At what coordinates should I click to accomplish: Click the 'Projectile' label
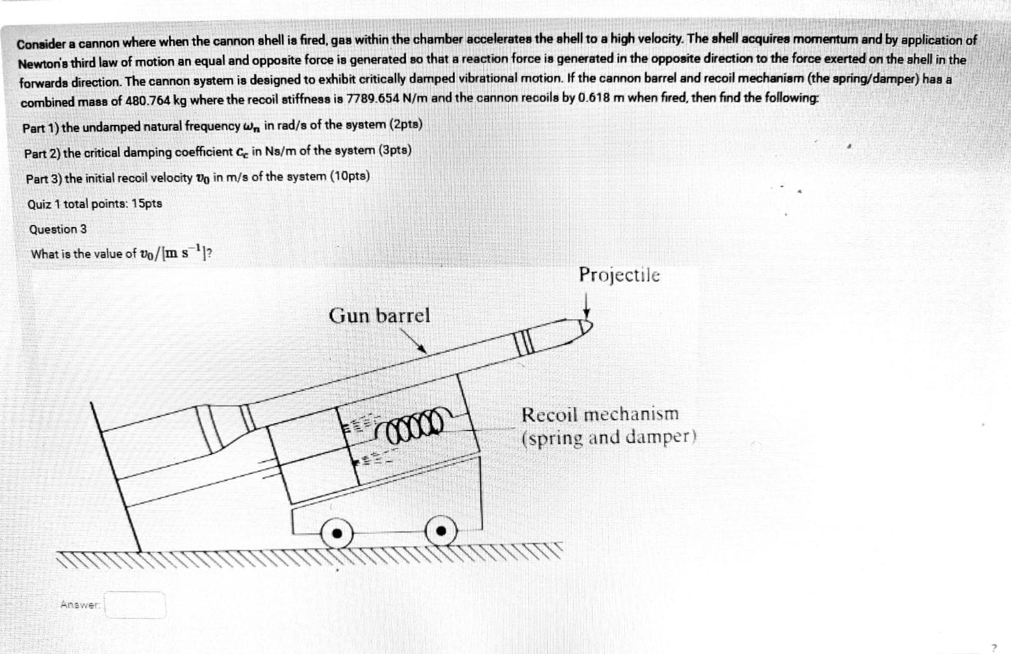(x=619, y=275)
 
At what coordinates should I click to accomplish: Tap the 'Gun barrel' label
(x=379, y=315)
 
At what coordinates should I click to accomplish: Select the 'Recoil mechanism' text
(x=600, y=414)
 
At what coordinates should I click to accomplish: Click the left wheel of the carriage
(x=337, y=533)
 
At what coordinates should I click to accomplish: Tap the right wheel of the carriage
(x=441, y=530)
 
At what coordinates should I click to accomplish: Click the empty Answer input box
(x=135, y=605)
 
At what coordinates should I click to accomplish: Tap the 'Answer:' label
(x=80, y=605)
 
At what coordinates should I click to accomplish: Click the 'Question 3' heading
(x=58, y=229)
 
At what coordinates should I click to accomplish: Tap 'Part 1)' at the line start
(x=40, y=127)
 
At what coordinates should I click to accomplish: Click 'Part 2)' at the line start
(x=42, y=153)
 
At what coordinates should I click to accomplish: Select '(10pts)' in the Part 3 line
(x=350, y=176)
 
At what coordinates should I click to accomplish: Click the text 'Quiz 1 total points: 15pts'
(x=95, y=204)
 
